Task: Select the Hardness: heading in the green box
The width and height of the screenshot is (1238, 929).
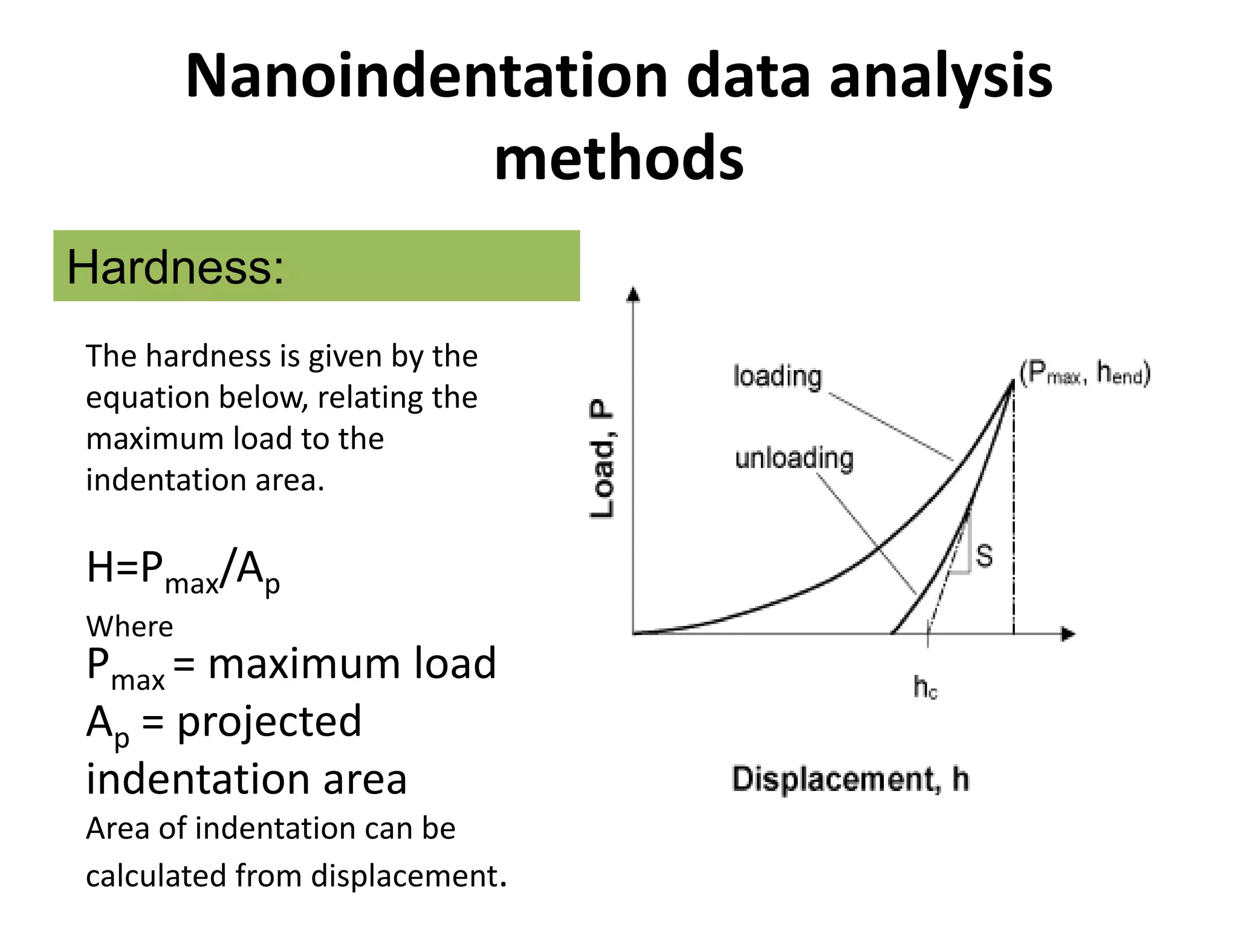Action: click(x=175, y=267)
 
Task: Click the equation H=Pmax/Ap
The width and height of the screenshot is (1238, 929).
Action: click(x=183, y=570)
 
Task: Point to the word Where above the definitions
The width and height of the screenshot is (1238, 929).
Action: click(x=129, y=627)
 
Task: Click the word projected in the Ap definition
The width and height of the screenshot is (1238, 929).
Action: click(x=269, y=722)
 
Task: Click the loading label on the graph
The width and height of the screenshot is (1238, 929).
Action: click(x=777, y=376)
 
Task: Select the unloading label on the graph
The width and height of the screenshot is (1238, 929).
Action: click(x=794, y=458)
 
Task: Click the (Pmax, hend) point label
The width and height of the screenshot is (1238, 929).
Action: click(x=1084, y=373)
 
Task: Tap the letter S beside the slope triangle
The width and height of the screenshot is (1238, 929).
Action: click(x=984, y=556)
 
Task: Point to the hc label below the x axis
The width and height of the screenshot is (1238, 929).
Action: click(x=925, y=688)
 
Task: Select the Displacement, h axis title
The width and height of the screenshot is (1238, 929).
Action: click(x=850, y=779)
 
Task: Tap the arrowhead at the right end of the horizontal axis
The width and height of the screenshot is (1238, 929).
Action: click(x=1068, y=634)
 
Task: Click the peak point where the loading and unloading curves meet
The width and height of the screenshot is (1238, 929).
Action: click(x=1013, y=382)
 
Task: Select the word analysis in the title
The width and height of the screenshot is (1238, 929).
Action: click(x=940, y=77)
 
